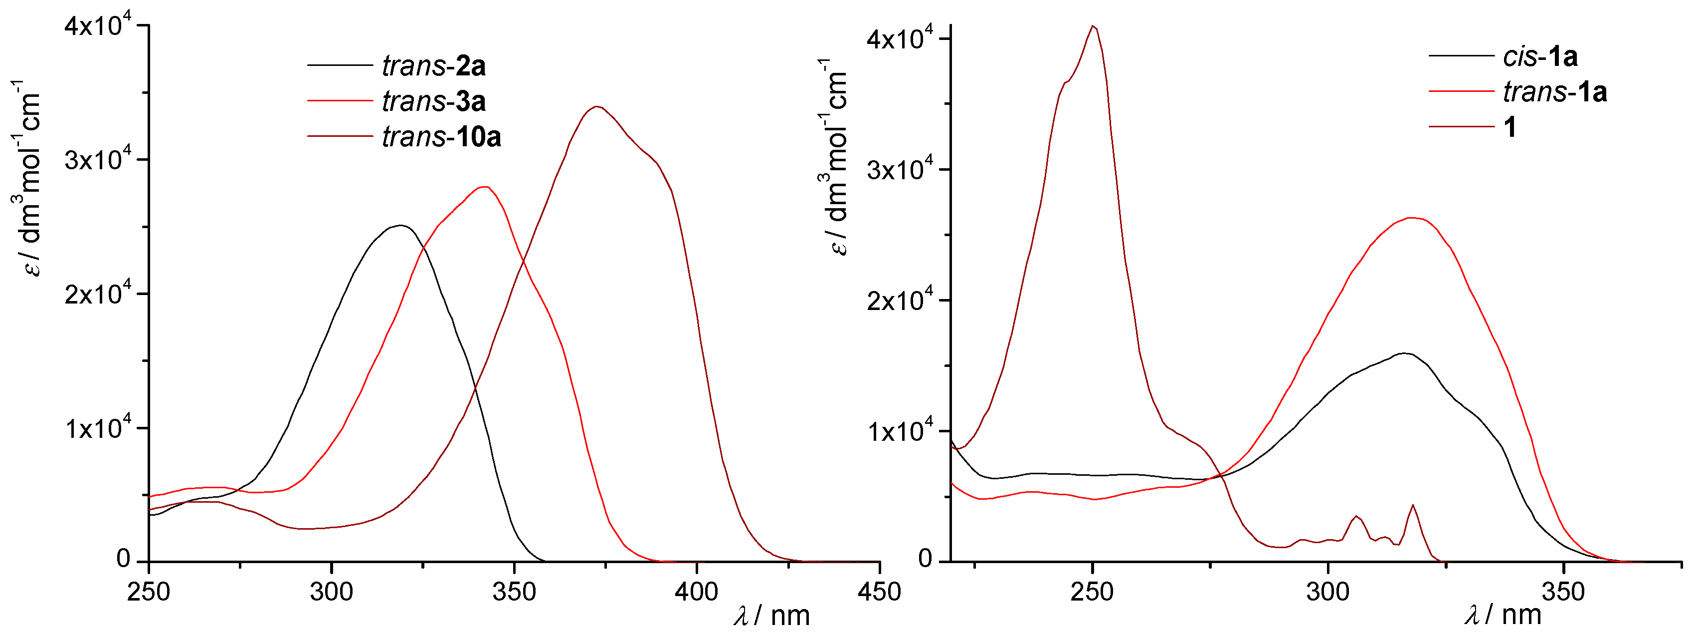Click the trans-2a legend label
433,66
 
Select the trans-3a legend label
433,101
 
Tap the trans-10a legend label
441,137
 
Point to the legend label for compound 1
1510,126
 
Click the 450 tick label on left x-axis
879,592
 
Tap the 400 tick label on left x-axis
697,592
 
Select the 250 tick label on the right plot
1092,592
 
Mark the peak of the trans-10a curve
596,107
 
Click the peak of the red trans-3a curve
485,187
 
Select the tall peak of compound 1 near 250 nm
1093,26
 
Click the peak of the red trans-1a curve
1411,218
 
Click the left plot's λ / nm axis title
772,616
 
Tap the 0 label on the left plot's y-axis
123,559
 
